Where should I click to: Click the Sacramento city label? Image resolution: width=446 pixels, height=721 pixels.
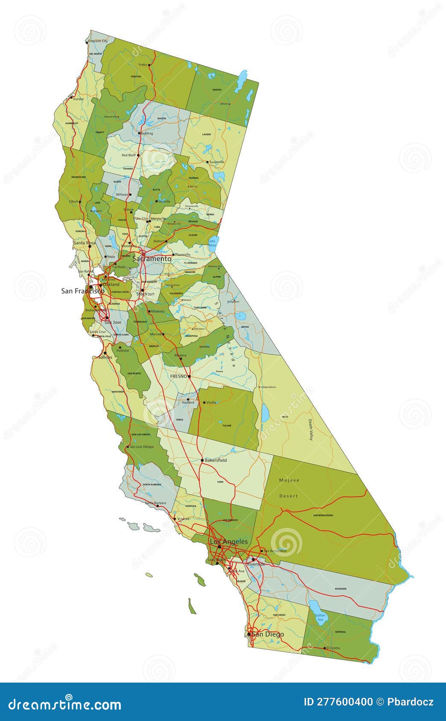point(152,259)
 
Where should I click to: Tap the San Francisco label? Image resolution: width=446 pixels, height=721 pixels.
point(82,291)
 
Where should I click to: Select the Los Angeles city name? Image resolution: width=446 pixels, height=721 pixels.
point(229,541)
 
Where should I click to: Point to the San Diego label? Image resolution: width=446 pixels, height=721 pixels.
point(268,634)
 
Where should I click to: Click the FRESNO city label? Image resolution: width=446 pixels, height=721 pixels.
point(179,376)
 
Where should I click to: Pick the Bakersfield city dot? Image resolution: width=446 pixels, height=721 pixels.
point(202,460)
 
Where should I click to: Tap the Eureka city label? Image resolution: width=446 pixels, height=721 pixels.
point(79,99)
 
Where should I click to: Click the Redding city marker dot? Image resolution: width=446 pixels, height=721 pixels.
point(140,133)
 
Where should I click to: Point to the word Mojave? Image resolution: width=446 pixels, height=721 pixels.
point(289,480)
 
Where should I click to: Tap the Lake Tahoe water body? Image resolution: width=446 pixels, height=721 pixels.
point(213,242)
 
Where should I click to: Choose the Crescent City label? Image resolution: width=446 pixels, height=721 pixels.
point(98,41)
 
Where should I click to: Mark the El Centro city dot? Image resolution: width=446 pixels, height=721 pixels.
point(325,648)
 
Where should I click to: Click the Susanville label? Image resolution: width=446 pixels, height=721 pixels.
point(217,162)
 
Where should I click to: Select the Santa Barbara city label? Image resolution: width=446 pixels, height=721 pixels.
point(156,503)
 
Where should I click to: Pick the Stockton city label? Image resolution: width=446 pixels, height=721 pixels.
point(145,294)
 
